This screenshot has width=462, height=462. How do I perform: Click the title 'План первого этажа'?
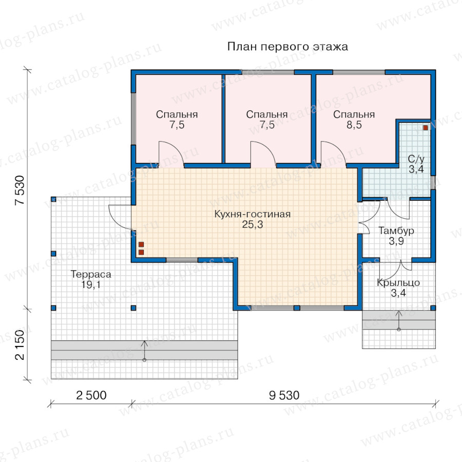click(x=287, y=47)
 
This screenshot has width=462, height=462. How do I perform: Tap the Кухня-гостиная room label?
click(x=252, y=214)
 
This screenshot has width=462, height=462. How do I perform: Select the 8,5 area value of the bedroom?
click(x=354, y=125)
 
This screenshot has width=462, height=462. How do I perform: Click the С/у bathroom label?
click(x=416, y=159)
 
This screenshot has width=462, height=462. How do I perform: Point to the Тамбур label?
click(x=396, y=230)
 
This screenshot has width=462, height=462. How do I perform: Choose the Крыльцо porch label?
click(x=398, y=282)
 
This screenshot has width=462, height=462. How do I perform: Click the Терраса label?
click(x=91, y=274)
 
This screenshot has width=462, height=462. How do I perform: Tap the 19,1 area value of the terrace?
click(x=91, y=284)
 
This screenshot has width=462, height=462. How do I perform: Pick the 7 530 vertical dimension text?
click(x=20, y=190)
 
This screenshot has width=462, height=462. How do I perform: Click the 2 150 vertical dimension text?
click(x=20, y=345)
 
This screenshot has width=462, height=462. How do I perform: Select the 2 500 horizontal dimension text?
click(x=91, y=395)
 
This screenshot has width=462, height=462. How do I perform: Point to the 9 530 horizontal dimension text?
click(x=284, y=395)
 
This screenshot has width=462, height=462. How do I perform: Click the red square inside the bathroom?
click(x=426, y=128)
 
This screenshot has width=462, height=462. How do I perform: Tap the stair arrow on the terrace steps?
click(x=144, y=351)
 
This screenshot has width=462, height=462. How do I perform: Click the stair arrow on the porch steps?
click(x=399, y=320)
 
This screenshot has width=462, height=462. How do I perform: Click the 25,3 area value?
click(x=252, y=224)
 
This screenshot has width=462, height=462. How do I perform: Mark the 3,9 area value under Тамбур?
click(x=396, y=241)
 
